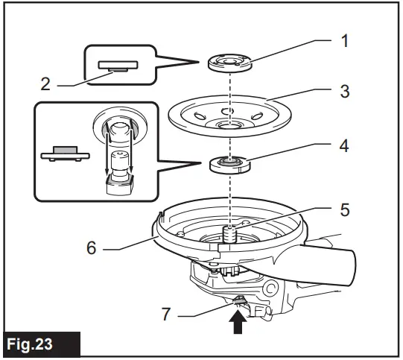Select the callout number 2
click(46, 84)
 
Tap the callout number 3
click(344, 92)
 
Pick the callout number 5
click(344, 211)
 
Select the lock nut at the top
click(231, 62)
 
